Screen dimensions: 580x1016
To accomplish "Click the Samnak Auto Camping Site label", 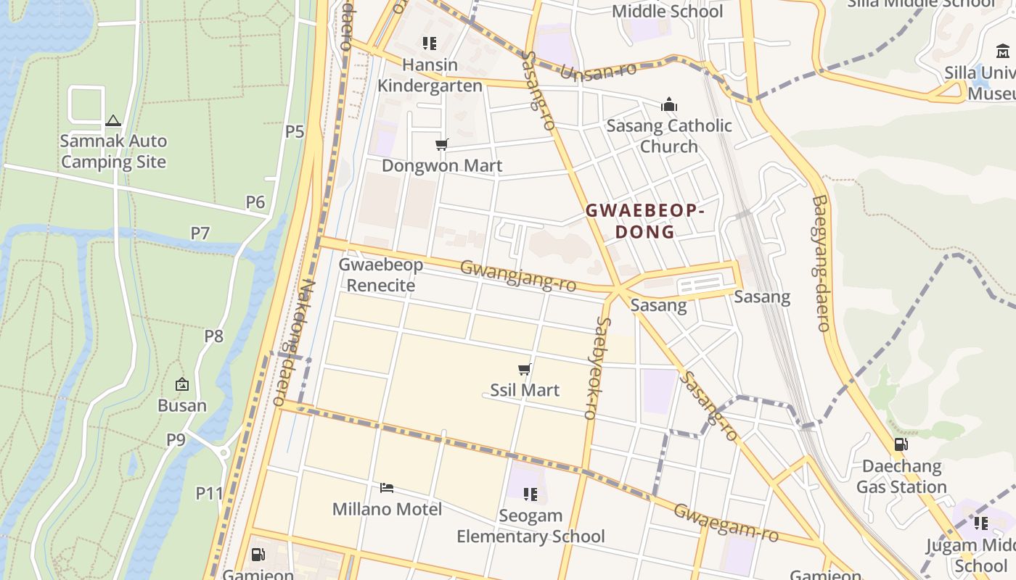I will [113, 152].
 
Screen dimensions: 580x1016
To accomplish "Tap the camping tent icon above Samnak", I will [112, 120].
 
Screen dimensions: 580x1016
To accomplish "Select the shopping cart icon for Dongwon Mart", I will [441, 145].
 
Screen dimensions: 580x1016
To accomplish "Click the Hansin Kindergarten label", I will [430, 75].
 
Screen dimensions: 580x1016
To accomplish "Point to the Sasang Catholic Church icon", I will [669, 105].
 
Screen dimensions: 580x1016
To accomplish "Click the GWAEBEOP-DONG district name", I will [644, 221].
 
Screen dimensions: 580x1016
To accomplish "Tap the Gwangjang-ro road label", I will [518, 276].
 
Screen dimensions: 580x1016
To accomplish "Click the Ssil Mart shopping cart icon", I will [525, 370].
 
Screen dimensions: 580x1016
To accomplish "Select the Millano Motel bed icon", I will [387, 487].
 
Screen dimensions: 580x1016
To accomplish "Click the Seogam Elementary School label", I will [530, 526].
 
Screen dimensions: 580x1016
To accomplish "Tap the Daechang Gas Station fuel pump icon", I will [901, 444].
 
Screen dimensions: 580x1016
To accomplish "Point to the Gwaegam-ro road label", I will [726, 523].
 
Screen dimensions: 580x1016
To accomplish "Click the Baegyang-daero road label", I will [821, 262].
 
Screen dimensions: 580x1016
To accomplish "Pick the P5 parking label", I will [295, 132].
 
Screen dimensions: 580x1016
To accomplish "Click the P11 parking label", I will [209, 494].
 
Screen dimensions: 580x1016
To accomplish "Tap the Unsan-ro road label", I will [598, 71].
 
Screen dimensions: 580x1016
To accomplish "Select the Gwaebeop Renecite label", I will [381, 275].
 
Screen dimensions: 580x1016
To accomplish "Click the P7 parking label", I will [200, 233].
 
